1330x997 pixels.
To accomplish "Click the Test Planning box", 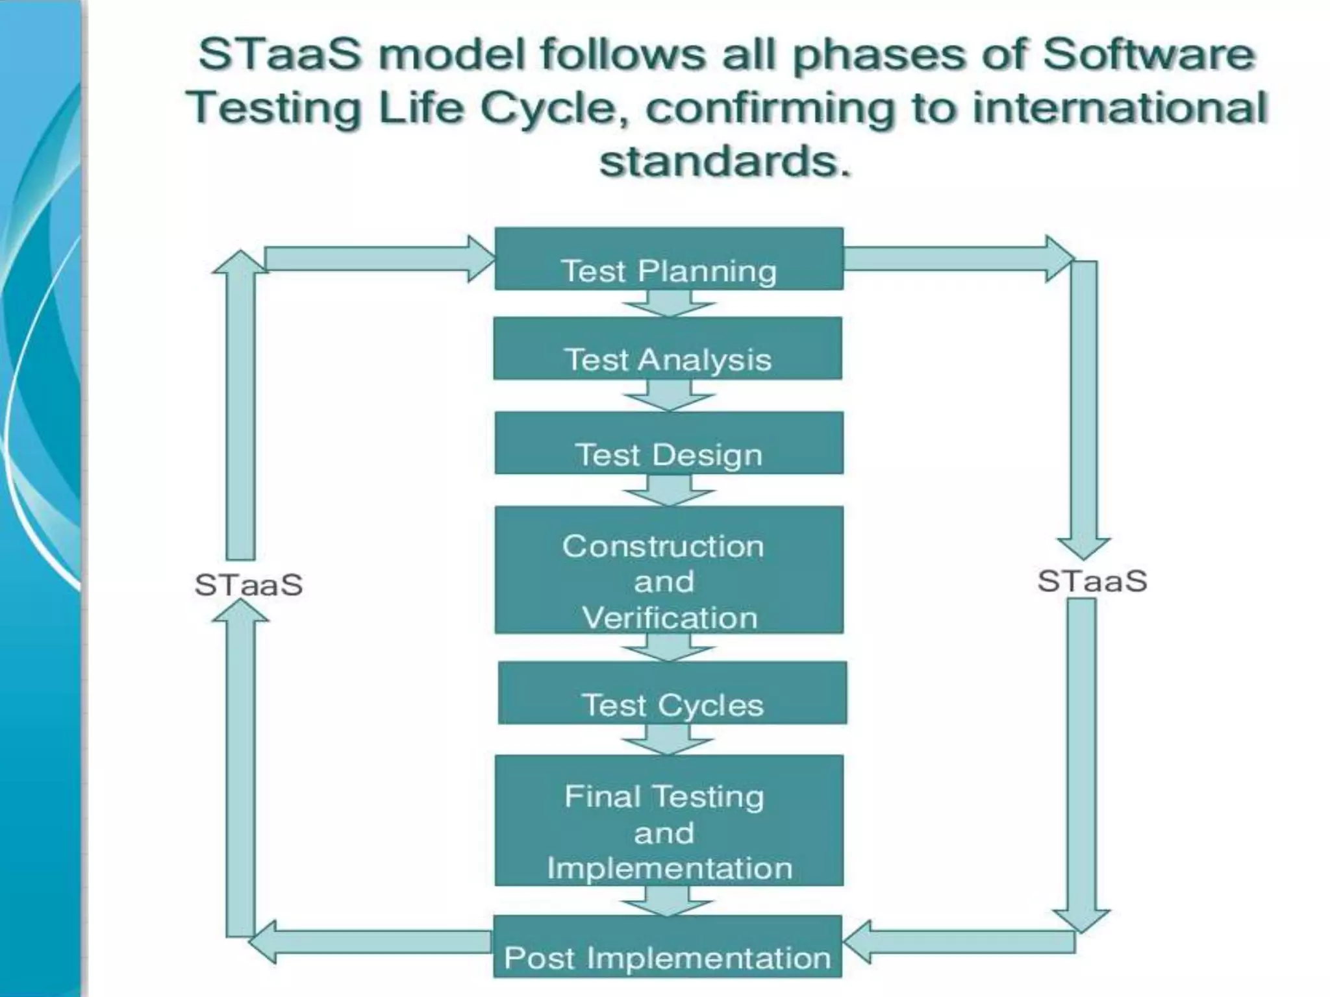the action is (x=669, y=259).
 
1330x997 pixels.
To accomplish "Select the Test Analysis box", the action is (x=668, y=349).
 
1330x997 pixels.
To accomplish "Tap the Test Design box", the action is (x=669, y=443).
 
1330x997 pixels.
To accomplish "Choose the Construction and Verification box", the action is (x=669, y=570).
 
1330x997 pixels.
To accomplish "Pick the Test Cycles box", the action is (x=672, y=693).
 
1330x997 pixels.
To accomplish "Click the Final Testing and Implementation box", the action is (x=669, y=820).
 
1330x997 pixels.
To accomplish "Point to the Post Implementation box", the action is (x=668, y=946).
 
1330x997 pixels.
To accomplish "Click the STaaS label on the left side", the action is (x=249, y=585).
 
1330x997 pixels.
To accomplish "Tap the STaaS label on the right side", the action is (x=1092, y=581).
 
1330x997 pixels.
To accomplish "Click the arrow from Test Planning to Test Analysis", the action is (x=669, y=303).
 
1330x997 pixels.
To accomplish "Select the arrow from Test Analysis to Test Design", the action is (x=669, y=395).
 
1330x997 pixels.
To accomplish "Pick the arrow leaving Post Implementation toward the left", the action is (x=370, y=942).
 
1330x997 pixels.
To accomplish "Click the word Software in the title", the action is (x=1148, y=54).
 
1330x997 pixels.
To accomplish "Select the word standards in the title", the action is (x=724, y=162).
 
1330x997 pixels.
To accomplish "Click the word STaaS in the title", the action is (x=279, y=54).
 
